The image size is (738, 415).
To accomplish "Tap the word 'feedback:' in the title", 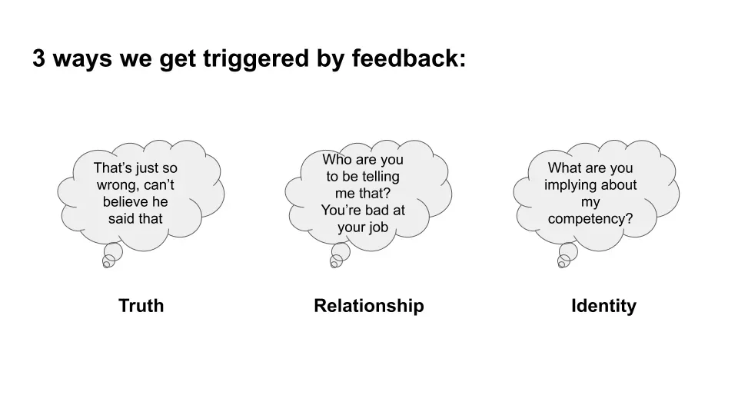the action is (408, 58).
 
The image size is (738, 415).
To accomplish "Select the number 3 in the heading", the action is (38, 58).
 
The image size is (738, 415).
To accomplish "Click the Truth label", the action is (141, 306).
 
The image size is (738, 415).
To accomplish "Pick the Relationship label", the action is (369, 306).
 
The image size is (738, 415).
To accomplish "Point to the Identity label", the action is (604, 307).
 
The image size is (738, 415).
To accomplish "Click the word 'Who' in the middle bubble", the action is (337, 160).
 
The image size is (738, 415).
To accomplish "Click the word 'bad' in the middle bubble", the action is (374, 210).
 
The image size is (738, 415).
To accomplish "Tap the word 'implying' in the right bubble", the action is (567, 185).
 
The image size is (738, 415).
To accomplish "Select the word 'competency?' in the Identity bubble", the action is (590, 219).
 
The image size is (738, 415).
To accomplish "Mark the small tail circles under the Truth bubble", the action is (112, 255).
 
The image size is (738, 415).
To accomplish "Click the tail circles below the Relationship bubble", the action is (340, 255).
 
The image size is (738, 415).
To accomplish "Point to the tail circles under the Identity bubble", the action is (567, 255).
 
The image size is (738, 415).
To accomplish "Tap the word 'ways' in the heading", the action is (82, 60).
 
